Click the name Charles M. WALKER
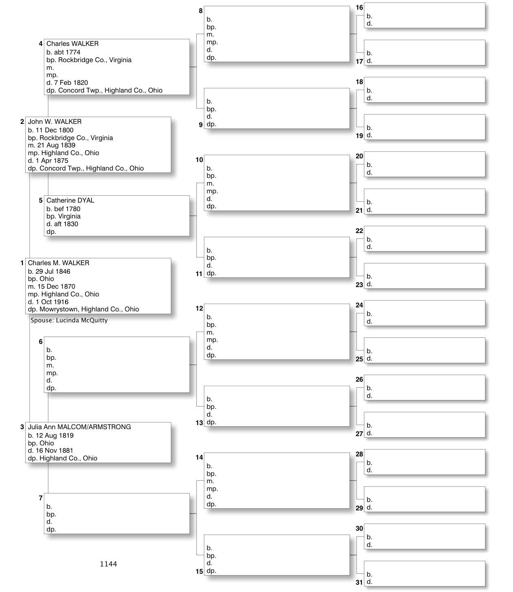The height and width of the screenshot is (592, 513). [58, 263]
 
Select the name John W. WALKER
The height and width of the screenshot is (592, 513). [54, 122]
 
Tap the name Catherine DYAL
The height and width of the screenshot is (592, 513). [70, 201]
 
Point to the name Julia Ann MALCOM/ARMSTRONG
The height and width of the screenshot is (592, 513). [79, 427]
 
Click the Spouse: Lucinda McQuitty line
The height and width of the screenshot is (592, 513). [69, 320]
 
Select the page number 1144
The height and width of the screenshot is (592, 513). [109, 564]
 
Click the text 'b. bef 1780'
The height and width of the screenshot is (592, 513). [63, 209]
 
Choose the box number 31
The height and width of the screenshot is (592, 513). [359, 582]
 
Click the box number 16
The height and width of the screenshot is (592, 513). [359, 8]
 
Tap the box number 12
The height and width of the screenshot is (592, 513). [199, 309]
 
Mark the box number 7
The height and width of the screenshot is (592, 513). [41, 498]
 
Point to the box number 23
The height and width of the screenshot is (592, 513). [359, 285]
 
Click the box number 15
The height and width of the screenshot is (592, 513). [199, 572]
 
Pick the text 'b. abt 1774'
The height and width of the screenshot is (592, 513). [63, 52]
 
